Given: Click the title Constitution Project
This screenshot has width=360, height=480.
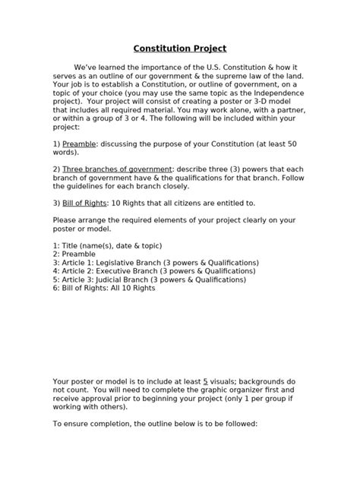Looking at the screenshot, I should pos(179,48).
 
